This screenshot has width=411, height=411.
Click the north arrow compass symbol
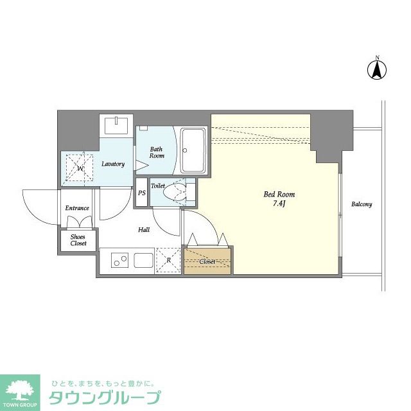(x=377, y=69)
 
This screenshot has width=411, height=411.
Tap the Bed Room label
(x=279, y=194)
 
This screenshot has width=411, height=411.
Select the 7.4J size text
(x=279, y=204)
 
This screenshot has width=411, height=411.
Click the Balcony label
(x=361, y=204)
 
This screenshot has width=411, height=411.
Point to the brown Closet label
(x=207, y=262)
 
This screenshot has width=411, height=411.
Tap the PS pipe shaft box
(x=141, y=193)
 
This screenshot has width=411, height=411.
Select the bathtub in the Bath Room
(x=192, y=150)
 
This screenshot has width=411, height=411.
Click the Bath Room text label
(x=157, y=152)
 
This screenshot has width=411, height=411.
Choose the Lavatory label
(x=113, y=164)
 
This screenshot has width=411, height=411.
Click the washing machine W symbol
(x=80, y=169)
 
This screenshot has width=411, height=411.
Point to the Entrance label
(x=76, y=208)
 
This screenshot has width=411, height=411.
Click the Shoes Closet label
(x=78, y=240)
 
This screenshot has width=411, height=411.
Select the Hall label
(x=144, y=229)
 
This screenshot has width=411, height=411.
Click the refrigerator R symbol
(x=168, y=261)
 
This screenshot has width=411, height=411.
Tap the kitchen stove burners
(x=120, y=261)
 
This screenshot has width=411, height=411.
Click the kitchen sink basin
(x=142, y=261)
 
